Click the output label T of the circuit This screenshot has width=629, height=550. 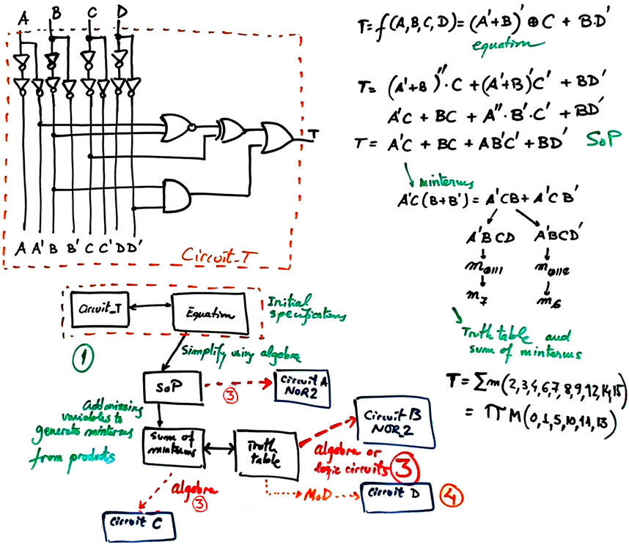pos(314,133)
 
